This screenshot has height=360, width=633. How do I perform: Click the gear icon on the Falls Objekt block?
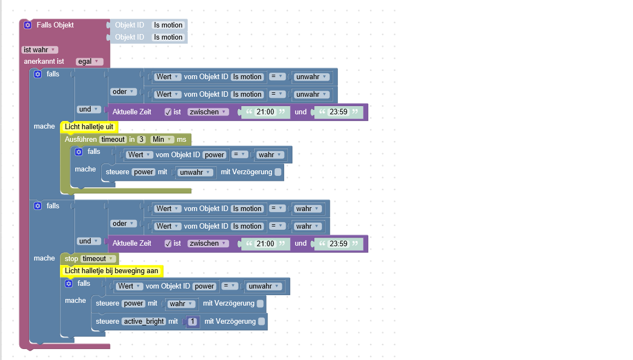click(x=27, y=25)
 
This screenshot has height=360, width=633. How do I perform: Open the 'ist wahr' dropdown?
click(x=40, y=49)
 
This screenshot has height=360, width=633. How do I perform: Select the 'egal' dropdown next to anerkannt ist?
click(x=89, y=62)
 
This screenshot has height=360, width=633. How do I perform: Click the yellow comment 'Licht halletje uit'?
click(x=89, y=127)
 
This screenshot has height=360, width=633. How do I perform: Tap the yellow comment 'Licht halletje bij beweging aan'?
click(x=112, y=271)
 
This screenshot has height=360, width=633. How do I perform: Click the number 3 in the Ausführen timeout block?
click(x=141, y=139)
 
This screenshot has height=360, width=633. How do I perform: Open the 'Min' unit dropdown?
click(x=162, y=139)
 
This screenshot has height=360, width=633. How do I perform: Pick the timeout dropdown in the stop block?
click(x=98, y=259)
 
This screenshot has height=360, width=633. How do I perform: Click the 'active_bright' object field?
click(x=144, y=322)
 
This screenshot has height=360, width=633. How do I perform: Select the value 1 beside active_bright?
click(x=192, y=322)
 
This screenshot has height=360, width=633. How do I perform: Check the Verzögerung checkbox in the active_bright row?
click(x=262, y=322)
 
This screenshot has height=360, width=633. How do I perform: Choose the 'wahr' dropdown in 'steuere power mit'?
click(x=181, y=304)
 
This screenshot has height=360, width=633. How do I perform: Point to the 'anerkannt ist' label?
click(x=44, y=62)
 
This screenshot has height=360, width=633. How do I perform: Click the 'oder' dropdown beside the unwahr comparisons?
click(x=123, y=92)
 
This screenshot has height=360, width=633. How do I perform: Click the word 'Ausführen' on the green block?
click(x=81, y=139)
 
